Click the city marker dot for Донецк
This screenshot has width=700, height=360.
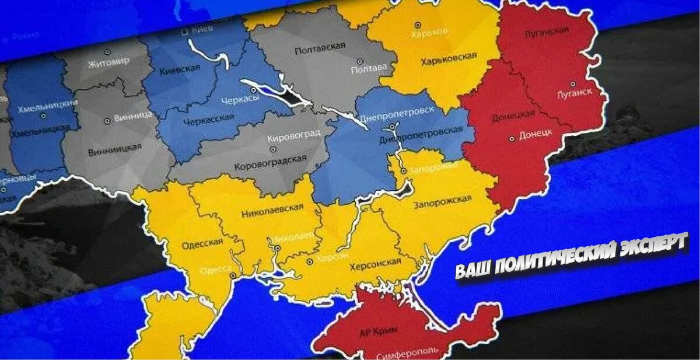pos(512,138)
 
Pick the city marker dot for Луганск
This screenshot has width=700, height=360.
pos(574,83)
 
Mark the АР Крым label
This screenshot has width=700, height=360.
pos(379,331)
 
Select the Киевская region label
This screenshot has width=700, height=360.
pos(179,71)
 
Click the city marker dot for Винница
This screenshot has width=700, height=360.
pos(107,122)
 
